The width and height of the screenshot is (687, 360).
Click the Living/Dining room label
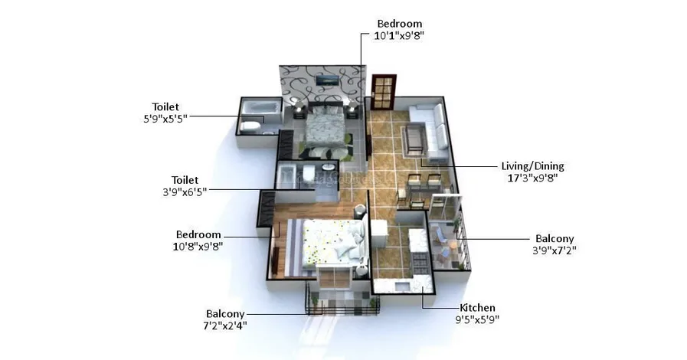532,166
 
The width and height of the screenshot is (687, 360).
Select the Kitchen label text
477,307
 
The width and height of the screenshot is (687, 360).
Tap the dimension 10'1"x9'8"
399,35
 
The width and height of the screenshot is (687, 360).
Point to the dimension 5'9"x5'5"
165,118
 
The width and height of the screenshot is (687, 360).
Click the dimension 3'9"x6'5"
185,191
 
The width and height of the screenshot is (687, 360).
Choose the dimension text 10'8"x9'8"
198,246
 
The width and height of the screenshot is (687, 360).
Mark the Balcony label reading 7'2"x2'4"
225,313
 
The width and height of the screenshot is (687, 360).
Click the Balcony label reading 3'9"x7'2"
555,239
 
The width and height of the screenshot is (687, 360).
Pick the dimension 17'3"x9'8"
532,178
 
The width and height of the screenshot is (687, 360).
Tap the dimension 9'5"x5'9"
477,319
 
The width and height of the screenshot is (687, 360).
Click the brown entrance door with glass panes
384,92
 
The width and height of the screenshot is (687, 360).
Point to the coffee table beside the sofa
414,139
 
